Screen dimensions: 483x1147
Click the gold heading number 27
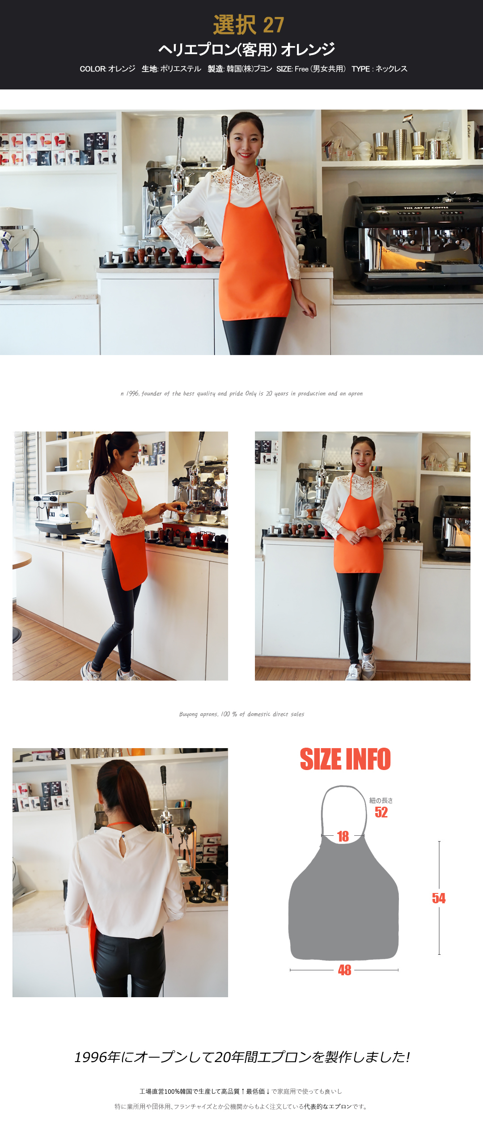pos(273,25)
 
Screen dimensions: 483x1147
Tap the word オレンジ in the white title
pos(308,49)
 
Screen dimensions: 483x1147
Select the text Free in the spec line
pos(301,69)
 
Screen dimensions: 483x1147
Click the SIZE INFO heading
pos(345,759)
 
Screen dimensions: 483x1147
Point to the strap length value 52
pos(381,812)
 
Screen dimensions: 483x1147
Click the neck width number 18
pos(343,836)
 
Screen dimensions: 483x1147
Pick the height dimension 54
pos(439,898)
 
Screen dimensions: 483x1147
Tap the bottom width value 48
pos(344,970)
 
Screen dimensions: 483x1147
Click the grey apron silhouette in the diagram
pos(343,908)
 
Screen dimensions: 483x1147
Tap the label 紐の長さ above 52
pos(381,800)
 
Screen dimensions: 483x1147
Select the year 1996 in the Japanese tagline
pos(91,1057)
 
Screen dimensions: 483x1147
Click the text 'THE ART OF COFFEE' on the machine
pos(426,208)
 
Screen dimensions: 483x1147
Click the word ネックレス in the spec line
pos(391,69)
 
